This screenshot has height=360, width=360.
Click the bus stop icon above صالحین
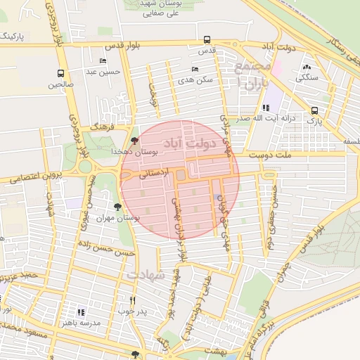coord(60,73)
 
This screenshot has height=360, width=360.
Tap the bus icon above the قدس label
coord(207,40)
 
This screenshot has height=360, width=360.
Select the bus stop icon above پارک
coord(314,110)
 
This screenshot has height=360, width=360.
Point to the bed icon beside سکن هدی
coord(195,69)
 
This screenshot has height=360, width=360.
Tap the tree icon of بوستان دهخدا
coord(135,141)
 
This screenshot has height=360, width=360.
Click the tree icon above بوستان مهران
coord(117,207)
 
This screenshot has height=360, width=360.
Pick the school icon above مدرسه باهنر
coord(81,311)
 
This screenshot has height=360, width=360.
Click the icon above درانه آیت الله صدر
coord(265,108)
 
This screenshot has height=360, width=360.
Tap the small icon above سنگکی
coord(306,67)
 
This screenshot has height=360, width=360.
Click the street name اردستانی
coord(154,174)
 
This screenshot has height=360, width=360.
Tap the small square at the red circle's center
coord(180,174)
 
